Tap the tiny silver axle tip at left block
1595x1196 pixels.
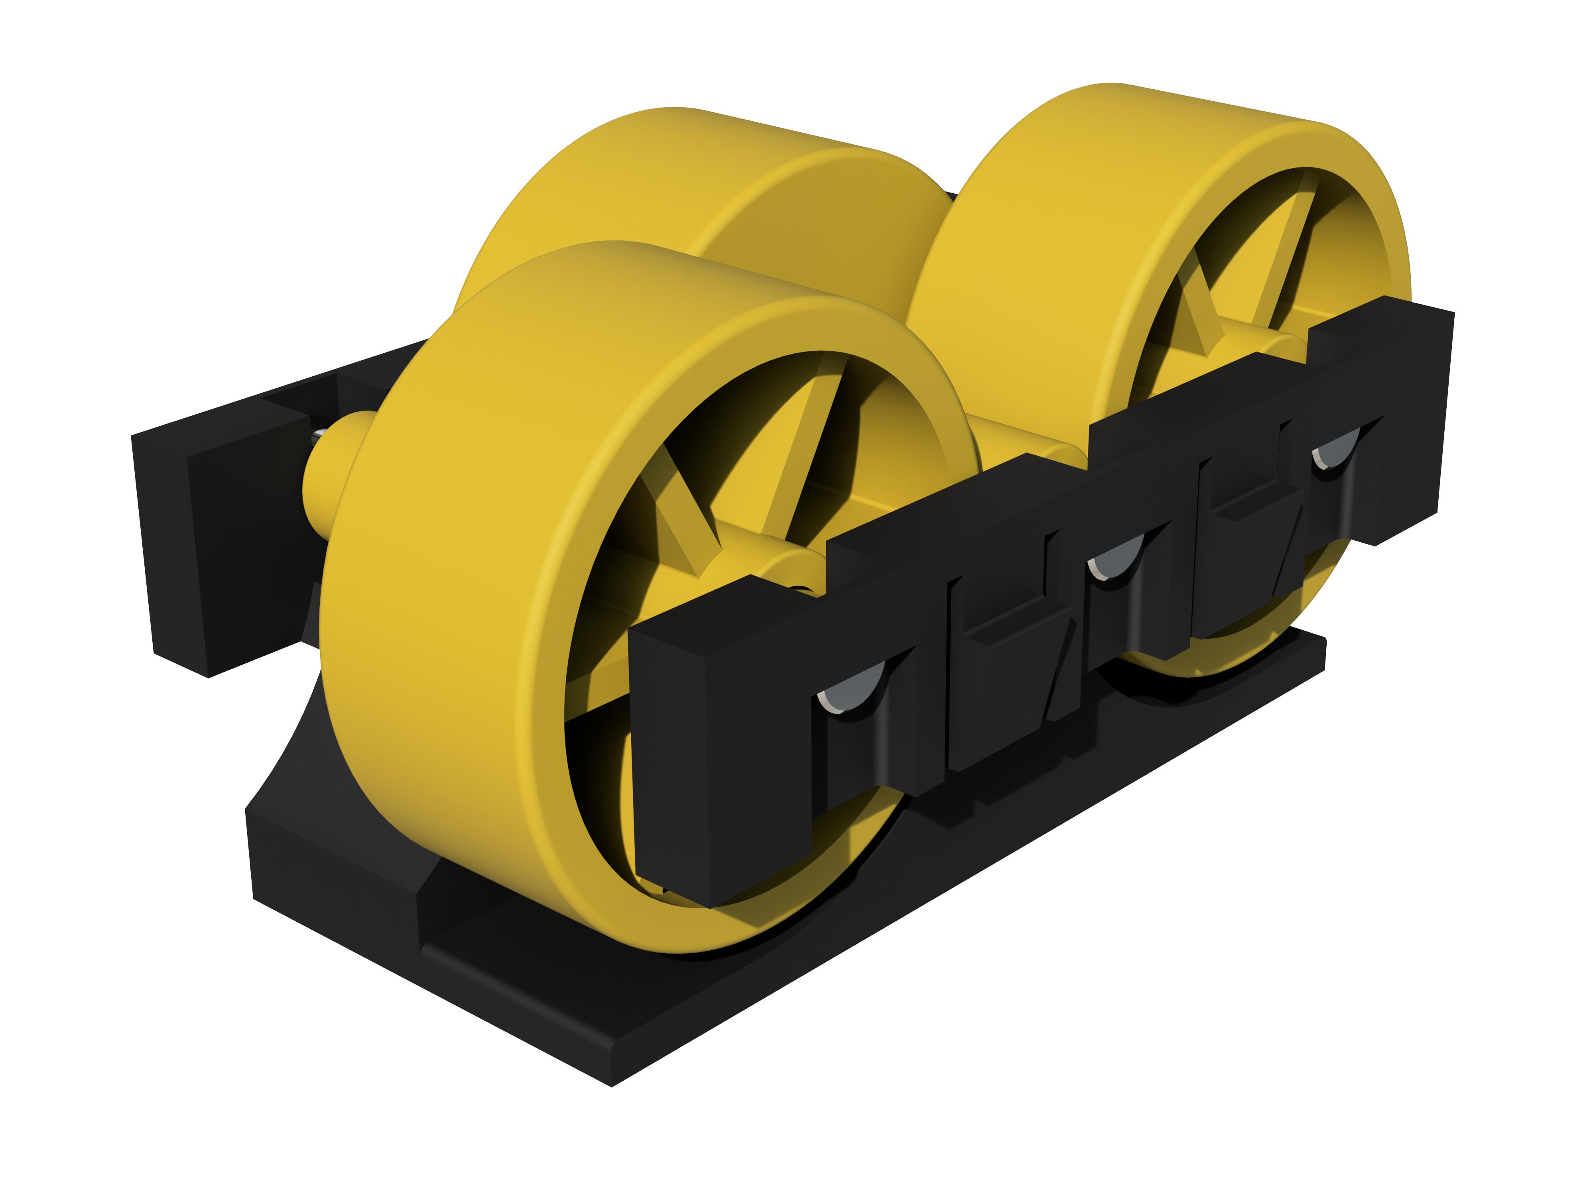tap(318, 434)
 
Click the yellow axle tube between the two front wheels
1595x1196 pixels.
tap(1024, 440)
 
